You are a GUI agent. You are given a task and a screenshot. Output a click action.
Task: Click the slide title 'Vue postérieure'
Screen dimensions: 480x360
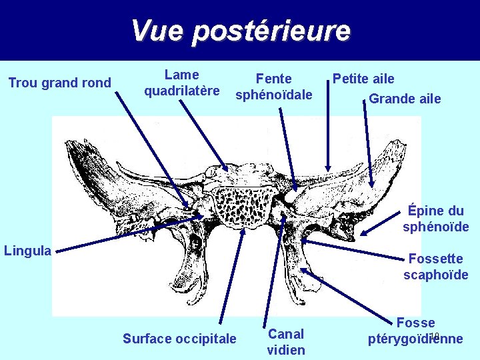click(x=240, y=31)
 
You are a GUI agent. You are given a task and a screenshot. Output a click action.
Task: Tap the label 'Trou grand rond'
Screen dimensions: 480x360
click(x=59, y=83)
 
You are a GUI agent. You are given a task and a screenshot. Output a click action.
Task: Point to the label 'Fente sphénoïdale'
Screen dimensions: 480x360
click(x=273, y=87)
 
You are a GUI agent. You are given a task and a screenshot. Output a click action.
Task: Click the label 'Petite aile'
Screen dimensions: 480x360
click(x=363, y=79)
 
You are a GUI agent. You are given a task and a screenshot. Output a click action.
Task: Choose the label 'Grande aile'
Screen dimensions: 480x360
click(x=405, y=99)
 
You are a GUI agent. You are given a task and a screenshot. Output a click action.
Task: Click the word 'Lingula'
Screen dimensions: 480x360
click(x=27, y=251)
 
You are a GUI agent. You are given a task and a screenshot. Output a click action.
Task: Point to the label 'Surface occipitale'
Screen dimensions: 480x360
click(x=179, y=339)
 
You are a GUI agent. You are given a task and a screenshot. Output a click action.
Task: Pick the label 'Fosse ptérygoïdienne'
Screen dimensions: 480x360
click(x=415, y=331)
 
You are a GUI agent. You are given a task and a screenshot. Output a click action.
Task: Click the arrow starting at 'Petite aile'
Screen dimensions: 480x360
click(x=327, y=127)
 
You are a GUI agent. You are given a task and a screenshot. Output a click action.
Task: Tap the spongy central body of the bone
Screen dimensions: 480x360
click(x=243, y=206)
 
